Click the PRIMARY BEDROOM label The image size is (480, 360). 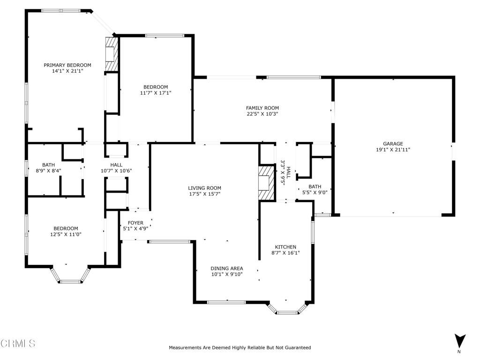[67, 65]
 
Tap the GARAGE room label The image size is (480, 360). [393, 143]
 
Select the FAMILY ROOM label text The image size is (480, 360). [262, 108]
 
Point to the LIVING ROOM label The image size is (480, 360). [204, 188]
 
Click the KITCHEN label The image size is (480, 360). [285, 247]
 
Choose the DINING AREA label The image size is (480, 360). [227, 269]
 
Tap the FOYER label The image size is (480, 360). [135, 223]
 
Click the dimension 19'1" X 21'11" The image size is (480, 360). [393, 150]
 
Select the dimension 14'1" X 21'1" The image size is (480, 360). [67, 71]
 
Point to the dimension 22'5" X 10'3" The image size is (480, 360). [262, 114]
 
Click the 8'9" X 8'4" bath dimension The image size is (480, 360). [48, 171]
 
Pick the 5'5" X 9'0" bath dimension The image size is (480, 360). [315, 193]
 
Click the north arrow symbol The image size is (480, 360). [459, 342]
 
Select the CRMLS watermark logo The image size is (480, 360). [18, 343]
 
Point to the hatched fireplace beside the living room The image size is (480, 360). [266, 183]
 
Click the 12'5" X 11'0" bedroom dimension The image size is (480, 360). [66, 234]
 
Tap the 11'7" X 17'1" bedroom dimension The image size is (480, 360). [156, 93]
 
